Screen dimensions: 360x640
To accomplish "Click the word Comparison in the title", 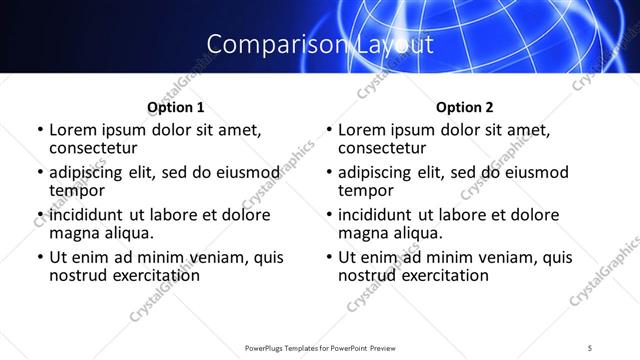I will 264,44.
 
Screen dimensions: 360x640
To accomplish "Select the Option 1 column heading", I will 175,106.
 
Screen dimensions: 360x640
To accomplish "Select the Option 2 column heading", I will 465,106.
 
